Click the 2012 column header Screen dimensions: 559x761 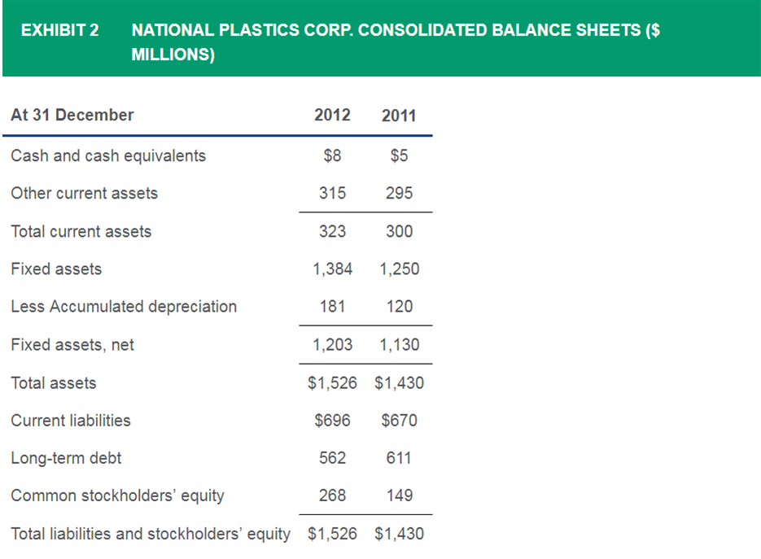[x=332, y=115]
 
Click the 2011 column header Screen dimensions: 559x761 [x=399, y=116]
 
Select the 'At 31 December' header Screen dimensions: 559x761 [x=72, y=115]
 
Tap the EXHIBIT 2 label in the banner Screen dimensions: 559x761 [x=59, y=31]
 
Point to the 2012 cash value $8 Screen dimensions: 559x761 [x=332, y=155]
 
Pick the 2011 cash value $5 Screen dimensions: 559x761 [x=399, y=155]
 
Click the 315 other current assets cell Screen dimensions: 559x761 [x=332, y=193]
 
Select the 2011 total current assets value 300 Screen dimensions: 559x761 [x=399, y=231]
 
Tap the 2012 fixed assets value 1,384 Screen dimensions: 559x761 [x=333, y=269]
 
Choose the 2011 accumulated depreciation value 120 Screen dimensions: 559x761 [x=399, y=307]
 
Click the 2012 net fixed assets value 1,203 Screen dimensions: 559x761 [x=333, y=345]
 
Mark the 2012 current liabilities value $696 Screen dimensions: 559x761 [x=332, y=421]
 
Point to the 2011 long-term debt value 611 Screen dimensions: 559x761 [x=399, y=458]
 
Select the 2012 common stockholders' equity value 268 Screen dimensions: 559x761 [x=332, y=496]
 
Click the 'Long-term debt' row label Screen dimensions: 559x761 [x=66, y=458]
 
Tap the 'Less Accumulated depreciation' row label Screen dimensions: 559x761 [x=124, y=307]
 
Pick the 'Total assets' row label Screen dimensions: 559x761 [x=54, y=383]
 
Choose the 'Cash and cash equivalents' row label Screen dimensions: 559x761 [x=108, y=155]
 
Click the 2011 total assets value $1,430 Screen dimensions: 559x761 [x=399, y=383]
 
